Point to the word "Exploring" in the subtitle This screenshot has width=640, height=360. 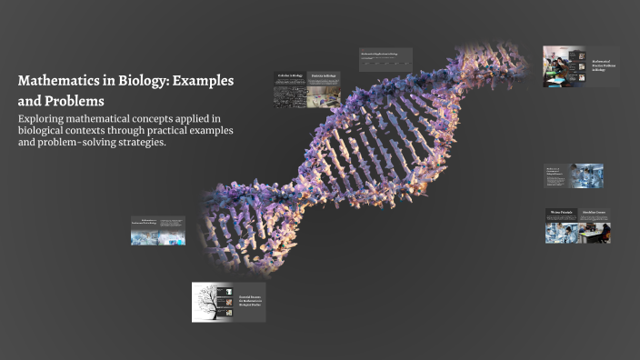[x=45, y=119]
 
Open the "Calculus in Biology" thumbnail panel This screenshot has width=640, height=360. [x=290, y=90]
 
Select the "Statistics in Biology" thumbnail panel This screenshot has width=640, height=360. [x=324, y=90]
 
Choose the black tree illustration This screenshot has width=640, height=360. [x=215, y=302]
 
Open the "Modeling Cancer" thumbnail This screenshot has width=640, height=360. [x=595, y=226]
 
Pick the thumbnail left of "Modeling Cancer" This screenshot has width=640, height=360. [x=561, y=226]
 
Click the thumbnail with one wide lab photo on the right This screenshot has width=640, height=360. [x=574, y=175]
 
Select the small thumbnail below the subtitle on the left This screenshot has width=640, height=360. [x=157, y=231]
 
